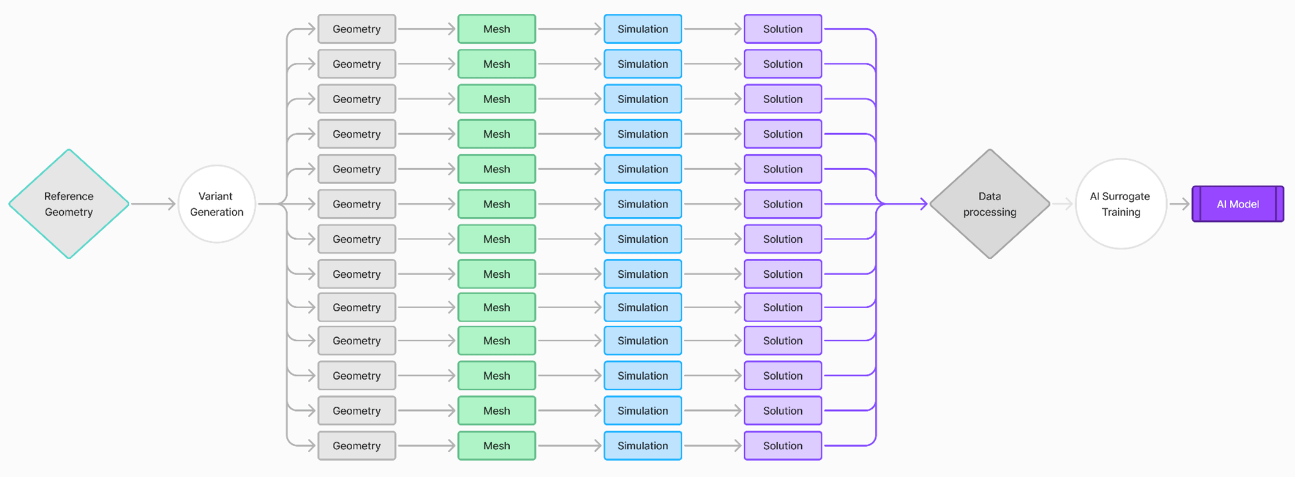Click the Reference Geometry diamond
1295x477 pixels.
[x=68, y=204]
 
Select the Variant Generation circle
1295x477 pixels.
[x=216, y=204]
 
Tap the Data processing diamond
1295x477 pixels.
[x=990, y=204]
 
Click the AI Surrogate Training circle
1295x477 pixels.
[x=1120, y=204]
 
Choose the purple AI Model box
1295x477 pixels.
[x=1237, y=204]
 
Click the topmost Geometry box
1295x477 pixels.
[x=357, y=29]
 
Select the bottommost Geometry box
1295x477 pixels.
[x=357, y=445]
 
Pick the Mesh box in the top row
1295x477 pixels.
[x=496, y=29]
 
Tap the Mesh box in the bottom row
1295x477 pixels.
[x=496, y=445]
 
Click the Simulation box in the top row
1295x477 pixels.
[x=642, y=29]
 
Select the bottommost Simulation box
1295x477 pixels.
[x=642, y=445]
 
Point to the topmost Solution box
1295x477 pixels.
[x=782, y=29]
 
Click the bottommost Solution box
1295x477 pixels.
[x=782, y=445]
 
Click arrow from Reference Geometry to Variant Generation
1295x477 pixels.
[x=153, y=204]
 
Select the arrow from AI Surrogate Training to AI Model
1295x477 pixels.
[x=1179, y=204]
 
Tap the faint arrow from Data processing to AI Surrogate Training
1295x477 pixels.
[x=1063, y=204]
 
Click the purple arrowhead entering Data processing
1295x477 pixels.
[x=923, y=204]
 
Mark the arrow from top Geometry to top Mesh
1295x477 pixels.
[x=427, y=29]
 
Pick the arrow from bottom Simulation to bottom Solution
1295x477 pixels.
[x=713, y=445]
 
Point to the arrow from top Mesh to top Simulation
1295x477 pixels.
[x=569, y=29]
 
